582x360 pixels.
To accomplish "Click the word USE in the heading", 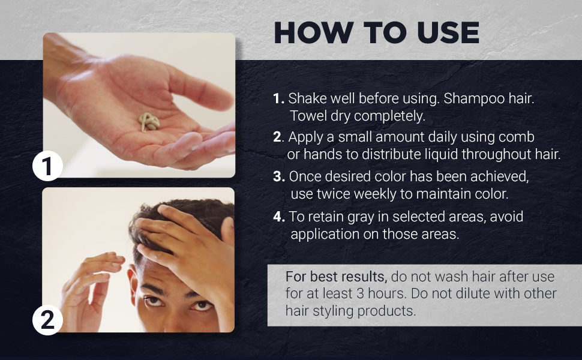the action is (x=448, y=32).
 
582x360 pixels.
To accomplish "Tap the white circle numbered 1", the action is (x=47, y=166).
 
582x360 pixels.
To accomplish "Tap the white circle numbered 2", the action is (x=47, y=320).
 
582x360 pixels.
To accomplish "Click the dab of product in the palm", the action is (x=149, y=122).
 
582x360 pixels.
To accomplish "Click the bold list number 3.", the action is (x=278, y=176).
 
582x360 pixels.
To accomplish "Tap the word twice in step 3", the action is (x=333, y=194).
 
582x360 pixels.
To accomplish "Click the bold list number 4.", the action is (x=279, y=217).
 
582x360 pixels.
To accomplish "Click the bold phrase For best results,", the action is (x=336, y=277).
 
